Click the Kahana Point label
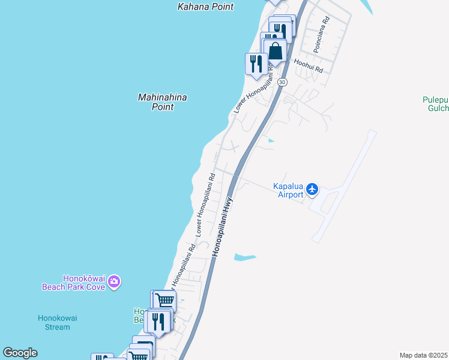(205, 7)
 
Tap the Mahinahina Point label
(162, 102)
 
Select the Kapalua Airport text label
(288, 190)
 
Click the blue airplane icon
(312, 190)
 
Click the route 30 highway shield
(282, 82)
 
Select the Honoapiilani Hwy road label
(222, 228)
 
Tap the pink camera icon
(114, 281)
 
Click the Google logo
(20, 353)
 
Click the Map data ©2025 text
(423, 355)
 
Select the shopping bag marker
(275, 50)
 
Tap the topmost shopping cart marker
(164, 300)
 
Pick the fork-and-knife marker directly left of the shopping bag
(256, 63)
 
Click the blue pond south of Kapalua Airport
(245, 257)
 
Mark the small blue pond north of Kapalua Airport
(271, 141)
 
